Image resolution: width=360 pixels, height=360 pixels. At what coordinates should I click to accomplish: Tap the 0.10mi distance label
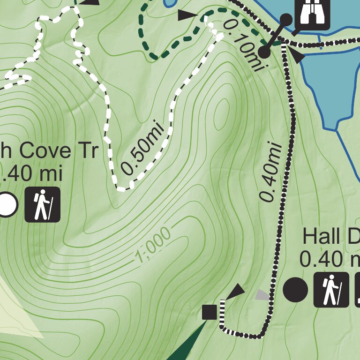(x=242, y=45)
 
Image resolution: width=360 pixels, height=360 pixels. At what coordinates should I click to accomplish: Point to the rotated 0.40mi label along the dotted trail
(x=271, y=172)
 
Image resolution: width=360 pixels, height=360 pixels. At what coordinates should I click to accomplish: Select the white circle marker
(x=7, y=205)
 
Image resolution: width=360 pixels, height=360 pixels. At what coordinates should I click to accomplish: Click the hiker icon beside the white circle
(x=43, y=204)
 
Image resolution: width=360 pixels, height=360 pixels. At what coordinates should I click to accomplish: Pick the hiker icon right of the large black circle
(x=331, y=289)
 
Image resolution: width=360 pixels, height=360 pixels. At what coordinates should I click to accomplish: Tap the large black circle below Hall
(x=295, y=290)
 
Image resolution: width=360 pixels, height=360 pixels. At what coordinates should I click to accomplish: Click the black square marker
(x=209, y=312)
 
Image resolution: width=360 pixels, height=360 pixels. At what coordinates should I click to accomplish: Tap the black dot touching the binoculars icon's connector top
(x=286, y=20)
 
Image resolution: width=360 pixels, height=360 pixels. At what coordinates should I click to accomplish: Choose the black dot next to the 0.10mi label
(x=264, y=52)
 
